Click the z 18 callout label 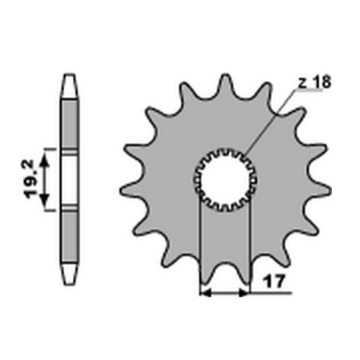tap(315, 81)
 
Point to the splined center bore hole tap(225, 179)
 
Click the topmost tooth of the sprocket tap(225, 85)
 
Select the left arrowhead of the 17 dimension tap(205, 293)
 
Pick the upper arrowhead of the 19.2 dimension tap(44, 161)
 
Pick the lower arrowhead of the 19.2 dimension tap(44, 200)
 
